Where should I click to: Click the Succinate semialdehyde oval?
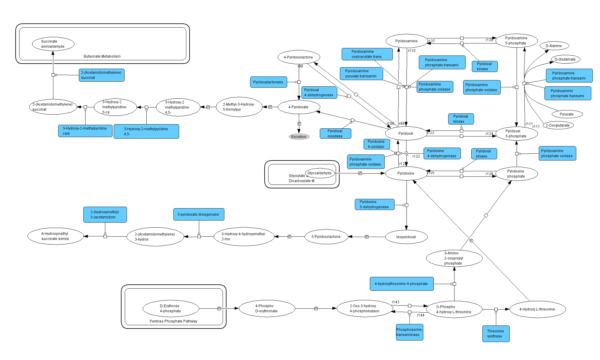tap(53, 44)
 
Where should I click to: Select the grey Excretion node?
tap(299, 137)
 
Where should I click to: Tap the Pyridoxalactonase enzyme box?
tap(268, 82)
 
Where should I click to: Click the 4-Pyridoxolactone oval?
tap(298, 57)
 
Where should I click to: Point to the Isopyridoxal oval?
tap(406, 237)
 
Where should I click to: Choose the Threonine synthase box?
tap(496, 334)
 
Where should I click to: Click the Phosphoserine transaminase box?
tap(409, 332)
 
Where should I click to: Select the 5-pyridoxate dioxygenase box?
tap(199, 214)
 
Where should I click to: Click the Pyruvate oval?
tap(567, 114)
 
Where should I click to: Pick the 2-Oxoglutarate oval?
tap(558, 125)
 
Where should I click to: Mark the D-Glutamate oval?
tap(565, 59)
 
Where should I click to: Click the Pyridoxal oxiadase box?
tap(335, 133)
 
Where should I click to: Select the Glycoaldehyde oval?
tap(320, 173)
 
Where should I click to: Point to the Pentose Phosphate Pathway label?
tap(173, 321)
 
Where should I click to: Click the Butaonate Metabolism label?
tap(102, 56)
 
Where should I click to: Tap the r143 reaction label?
tap(395, 302)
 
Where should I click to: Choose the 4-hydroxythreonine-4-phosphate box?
tap(401, 284)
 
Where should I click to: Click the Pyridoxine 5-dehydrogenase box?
tap(374, 205)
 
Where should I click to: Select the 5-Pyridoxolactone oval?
tap(326, 237)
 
